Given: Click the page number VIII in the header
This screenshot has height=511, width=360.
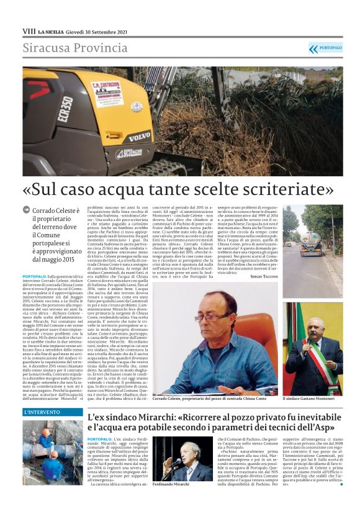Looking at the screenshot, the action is click(x=29, y=30).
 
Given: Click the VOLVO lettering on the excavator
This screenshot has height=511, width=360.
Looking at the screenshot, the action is click(x=138, y=135).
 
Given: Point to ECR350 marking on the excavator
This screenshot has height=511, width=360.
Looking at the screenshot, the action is click(x=65, y=109).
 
